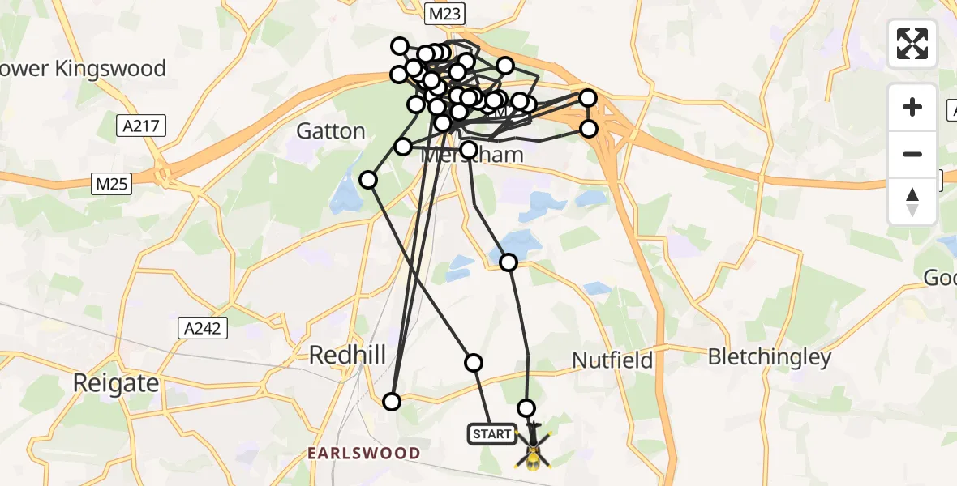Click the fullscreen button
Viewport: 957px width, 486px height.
[912, 44]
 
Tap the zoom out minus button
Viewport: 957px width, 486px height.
[912, 154]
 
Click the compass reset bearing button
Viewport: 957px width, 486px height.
[912, 201]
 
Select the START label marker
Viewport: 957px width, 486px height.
[491, 435]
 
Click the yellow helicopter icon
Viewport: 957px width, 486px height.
[533, 450]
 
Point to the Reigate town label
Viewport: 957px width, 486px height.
[116, 382]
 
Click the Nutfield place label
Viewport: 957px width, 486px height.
[612, 360]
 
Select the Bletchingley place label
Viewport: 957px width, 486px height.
[770, 357]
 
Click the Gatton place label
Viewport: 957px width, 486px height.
[331, 130]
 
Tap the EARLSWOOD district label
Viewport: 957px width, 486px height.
[363, 454]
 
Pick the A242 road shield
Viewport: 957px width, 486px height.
[204, 328]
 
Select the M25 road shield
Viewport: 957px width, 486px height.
[111, 185]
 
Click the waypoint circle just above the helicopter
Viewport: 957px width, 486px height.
[527, 408]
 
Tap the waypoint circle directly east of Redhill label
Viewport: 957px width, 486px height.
[474, 362]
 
